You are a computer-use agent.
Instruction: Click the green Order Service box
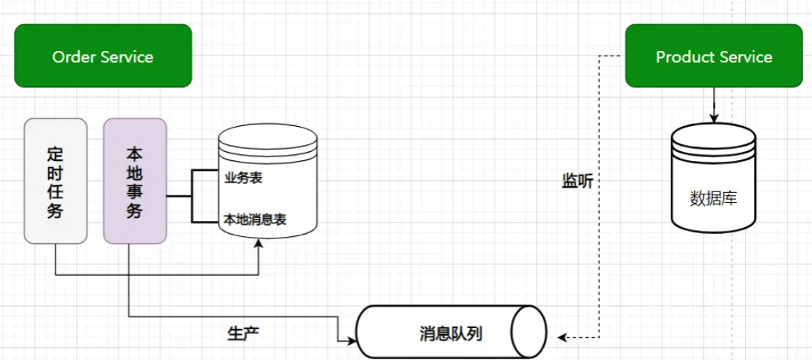[x=103, y=56]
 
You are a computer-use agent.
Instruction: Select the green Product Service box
[x=713, y=56]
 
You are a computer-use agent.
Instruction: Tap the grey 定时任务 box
[x=55, y=181]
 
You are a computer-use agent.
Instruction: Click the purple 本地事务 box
[x=134, y=181]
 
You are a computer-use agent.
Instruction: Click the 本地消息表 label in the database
[x=254, y=219]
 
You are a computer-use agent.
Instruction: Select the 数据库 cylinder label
[x=712, y=199]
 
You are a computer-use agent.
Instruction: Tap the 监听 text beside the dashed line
[x=577, y=182]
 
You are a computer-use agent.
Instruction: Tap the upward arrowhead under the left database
[x=260, y=244]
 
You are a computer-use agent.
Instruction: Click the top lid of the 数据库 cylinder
[x=713, y=135]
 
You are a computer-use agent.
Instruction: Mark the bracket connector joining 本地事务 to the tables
[x=191, y=196]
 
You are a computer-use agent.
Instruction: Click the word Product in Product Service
[x=681, y=57]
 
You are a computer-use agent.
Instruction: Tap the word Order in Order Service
[x=71, y=57]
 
